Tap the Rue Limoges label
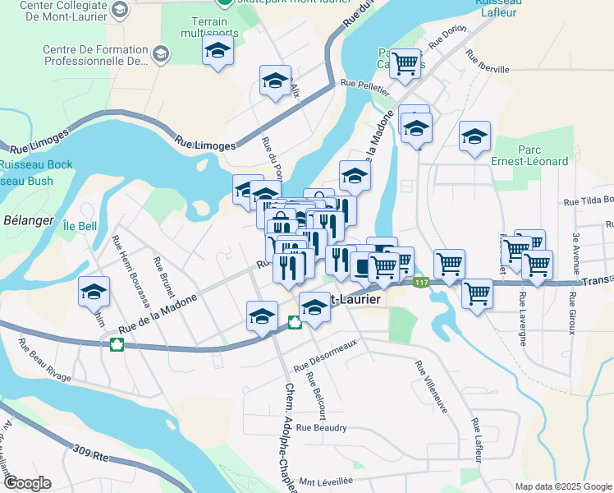(x=204, y=145)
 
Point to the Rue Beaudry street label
(x=322, y=427)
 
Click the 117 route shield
(x=421, y=283)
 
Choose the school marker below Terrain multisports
(x=218, y=52)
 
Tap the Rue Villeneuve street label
(x=430, y=386)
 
